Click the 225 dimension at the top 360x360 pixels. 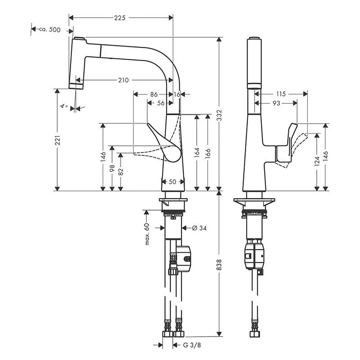pyautogui.click(x=120, y=18)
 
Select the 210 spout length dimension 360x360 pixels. pyautogui.click(x=123, y=80)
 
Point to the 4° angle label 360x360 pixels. pyautogui.click(x=64, y=106)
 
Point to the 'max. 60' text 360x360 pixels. pyautogui.click(x=147, y=234)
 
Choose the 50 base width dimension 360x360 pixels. pyautogui.click(x=172, y=181)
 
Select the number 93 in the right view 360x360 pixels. pyautogui.click(x=276, y=103)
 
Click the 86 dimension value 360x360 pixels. pyautogui.click(x=153, y=94)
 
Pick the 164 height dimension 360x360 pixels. pyautogui.click(x=197, y=153)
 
